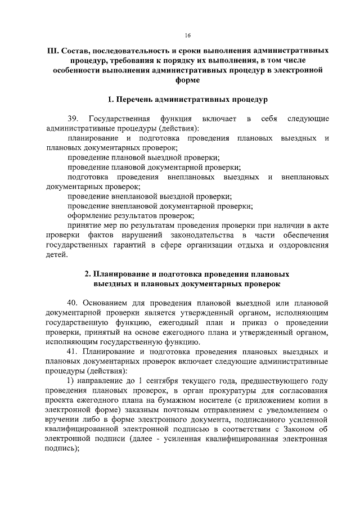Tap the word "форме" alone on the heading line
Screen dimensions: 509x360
[187, 81]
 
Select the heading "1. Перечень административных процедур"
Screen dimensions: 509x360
[187, 100]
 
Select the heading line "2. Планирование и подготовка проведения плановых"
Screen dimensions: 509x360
[187, 274]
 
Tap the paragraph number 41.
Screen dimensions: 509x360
[73, 352]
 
